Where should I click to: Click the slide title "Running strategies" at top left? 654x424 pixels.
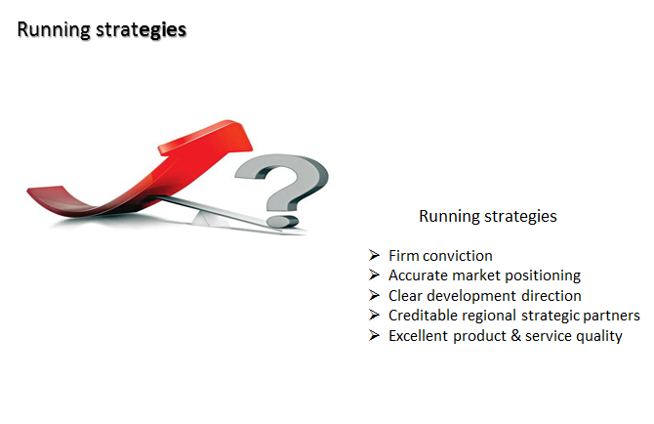(x=102, y=30)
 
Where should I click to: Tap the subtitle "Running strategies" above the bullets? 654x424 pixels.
(x=488, y=217)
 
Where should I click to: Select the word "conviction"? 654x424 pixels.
(x=458, y=256)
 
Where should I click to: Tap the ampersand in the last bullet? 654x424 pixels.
(x=516, y=336)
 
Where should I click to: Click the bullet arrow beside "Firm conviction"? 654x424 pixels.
(x=374, y=255)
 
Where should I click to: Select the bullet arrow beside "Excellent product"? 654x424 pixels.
(x=374, y=335)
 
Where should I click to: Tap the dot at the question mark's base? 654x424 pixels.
(x=282, y=221)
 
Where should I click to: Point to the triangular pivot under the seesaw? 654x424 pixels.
(x=207, y=219)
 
